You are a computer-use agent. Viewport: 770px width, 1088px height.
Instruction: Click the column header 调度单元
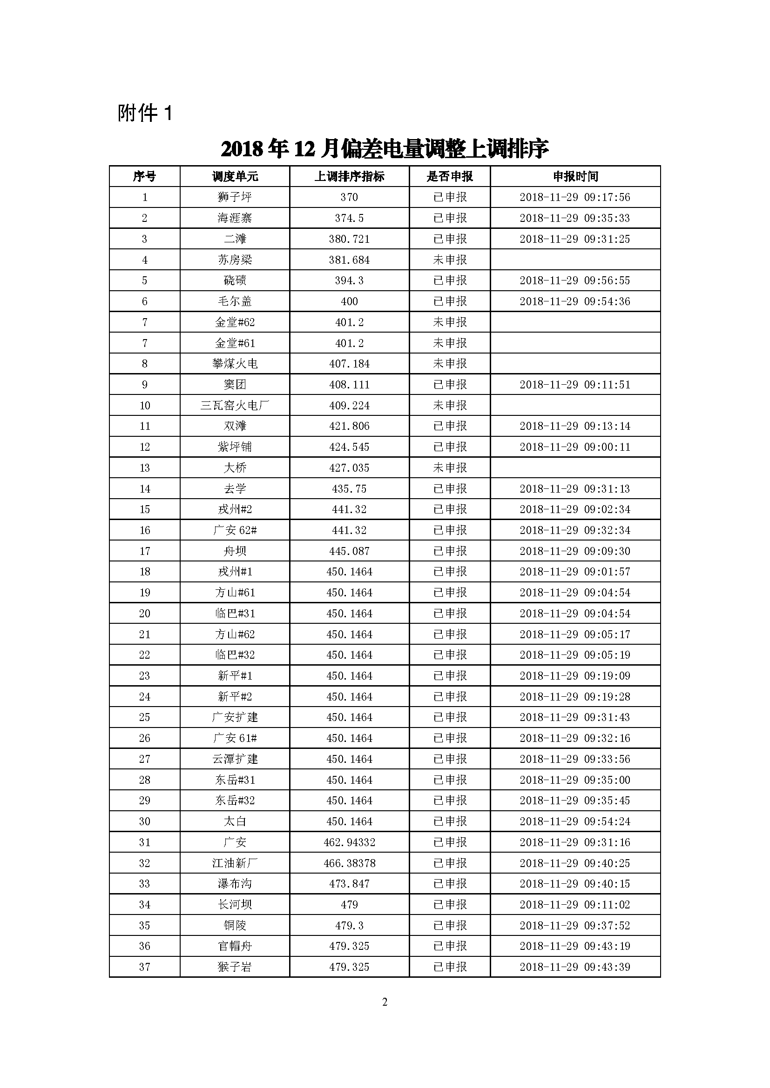(235, 177)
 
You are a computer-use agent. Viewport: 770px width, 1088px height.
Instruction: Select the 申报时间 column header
(575, 177)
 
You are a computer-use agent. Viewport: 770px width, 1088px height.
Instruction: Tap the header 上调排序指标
(350, 177)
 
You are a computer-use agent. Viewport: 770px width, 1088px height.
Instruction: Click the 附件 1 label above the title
(145, 113)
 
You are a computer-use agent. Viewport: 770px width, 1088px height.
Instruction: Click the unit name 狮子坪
(235, 197)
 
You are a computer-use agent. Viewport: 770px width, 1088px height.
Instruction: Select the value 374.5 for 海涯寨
(350, 218)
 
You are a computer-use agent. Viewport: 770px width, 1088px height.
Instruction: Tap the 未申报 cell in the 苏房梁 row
(450, 260)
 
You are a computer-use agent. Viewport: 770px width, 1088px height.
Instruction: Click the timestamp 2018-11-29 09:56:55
(574, 280)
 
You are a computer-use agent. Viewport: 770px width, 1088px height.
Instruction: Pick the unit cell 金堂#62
(235, 322)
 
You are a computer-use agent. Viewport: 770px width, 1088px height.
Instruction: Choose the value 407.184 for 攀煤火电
(350, 364)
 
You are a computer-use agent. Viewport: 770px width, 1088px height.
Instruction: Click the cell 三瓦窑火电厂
(235, 406)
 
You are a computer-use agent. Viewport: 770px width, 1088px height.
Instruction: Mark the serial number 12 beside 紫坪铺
(145, 447)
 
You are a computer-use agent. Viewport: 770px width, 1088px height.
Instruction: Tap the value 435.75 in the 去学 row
(350, 488)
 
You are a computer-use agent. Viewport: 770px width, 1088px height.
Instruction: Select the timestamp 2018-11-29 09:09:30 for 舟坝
(574, 551)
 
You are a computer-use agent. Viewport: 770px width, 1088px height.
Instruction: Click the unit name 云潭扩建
(235, 759)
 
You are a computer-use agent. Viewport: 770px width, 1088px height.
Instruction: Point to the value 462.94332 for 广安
(350, 842)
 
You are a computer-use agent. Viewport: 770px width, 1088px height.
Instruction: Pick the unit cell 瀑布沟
(235, 884)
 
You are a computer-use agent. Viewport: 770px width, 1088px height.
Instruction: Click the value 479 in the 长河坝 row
(350, 905)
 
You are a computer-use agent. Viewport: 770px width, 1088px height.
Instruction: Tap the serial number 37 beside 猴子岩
(145, 967)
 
